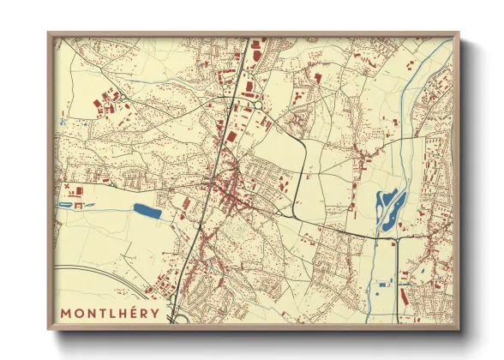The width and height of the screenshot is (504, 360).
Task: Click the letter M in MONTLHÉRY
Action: (65, 311)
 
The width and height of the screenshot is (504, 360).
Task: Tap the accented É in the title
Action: (136, 311)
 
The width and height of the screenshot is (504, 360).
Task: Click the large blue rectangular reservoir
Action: (146, 208)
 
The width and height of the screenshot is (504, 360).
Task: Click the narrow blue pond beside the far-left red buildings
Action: (66, 205)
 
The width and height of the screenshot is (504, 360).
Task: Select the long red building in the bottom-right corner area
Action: (403, 297)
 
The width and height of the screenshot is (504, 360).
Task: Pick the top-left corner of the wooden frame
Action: (48, 33)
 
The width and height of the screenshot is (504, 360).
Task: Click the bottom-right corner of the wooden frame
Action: (459, 329)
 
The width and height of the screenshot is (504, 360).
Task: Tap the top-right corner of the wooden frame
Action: (459, 33)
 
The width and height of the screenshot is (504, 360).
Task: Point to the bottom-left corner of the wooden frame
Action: (48, 329)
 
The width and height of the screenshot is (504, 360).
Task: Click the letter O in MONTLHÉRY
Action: (80, 311)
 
